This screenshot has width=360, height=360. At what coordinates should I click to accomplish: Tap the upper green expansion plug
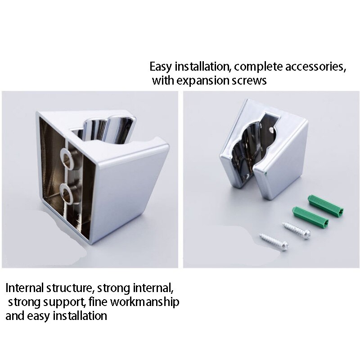(x=325, y=205)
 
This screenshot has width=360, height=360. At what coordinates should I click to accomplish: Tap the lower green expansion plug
(x=310, y=216)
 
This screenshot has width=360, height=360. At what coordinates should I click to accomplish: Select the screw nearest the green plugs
(x=297, y=230)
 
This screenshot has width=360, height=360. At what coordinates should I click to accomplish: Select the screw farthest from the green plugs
(x=274, y=242)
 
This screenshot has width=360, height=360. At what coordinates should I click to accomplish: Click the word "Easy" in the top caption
(x=161, y=67)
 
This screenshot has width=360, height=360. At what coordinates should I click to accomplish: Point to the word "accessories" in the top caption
(x=315, y=67)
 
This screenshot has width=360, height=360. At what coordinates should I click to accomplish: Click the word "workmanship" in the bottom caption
(x=145, y=302)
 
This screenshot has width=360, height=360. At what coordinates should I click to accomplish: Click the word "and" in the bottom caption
(x=15, y=316)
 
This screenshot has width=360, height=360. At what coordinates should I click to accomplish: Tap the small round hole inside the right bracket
(x=272, y=130)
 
